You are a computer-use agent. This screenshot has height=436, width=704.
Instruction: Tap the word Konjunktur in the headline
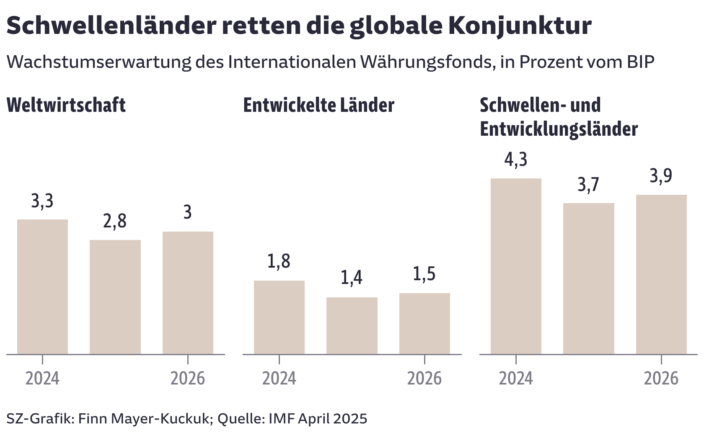pyautogui.click(x=520, y=26)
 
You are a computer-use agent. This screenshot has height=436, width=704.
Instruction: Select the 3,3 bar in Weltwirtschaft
pyautogui.click(x=42, y=286)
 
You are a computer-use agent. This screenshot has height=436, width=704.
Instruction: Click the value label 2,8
pyautogui.click(x=114, y=221)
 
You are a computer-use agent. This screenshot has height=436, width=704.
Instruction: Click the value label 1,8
pyautogui.click(x=279, y=261)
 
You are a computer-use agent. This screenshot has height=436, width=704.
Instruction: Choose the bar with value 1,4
pyautogui.click(x=352, y=325)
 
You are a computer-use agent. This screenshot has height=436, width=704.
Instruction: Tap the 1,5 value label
pyautogui.click(x=424, y=274)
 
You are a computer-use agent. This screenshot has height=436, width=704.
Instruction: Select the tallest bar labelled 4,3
pyautogui.click(x=515, y=266)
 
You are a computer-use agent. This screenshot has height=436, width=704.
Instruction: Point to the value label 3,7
pyautogui.click(x=588, y=185)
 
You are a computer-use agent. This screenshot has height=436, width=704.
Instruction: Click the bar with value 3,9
pyautogui.click(x=661, y=274)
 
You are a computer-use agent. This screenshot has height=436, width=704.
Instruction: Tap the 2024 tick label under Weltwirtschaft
pyautogui.click(x=42, y=378)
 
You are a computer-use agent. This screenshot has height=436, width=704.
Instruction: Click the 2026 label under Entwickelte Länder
pyautogui.click(x=424, y=378)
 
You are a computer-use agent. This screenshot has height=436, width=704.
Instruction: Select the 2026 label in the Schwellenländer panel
pyautogui.click(x=661, y=378)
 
